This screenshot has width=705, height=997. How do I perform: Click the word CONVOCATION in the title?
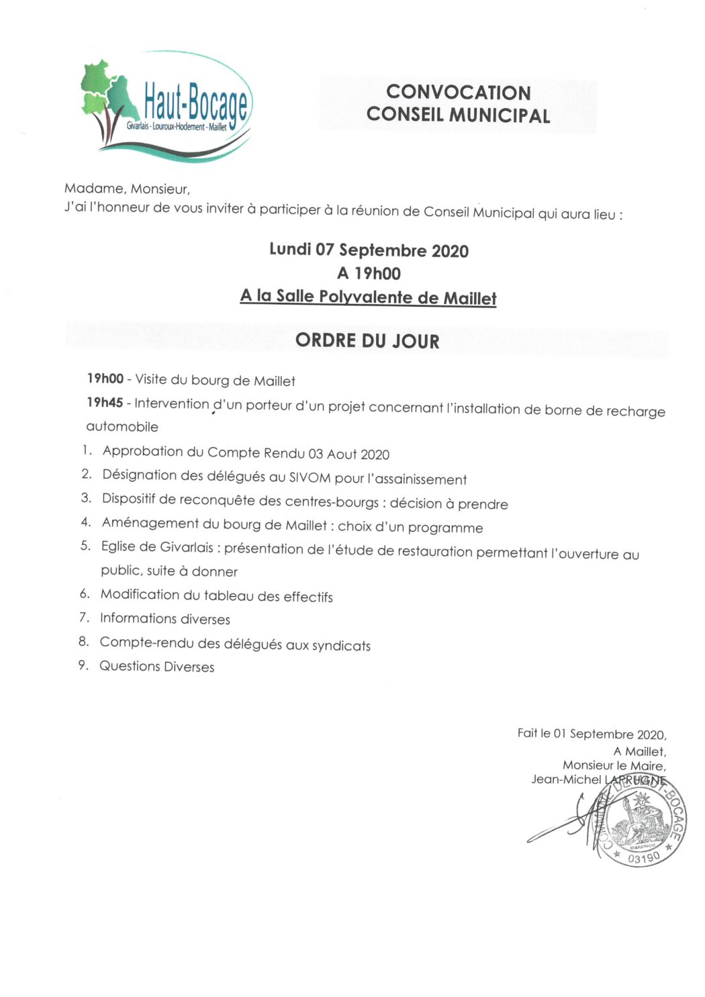click(x=458, y=92)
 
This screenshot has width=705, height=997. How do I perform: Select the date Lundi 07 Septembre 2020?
click(x=369, y=250)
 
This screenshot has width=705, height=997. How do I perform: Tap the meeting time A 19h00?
click(x=369, y=273)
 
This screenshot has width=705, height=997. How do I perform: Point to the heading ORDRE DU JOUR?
click(x=367, y=340)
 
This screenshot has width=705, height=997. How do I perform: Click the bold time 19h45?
click(x=105, y=402)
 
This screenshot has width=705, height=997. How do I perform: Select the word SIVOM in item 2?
click(x=310, y=478)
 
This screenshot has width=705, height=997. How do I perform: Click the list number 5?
click(x=85, y=546)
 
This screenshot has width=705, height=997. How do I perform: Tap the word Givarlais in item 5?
click(x=183, y=547)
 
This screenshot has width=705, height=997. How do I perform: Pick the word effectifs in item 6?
click(x=308, y=596)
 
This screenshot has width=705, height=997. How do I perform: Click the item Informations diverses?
click(x=164, y=618)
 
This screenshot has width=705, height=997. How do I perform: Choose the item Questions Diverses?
click(x=156, y=667)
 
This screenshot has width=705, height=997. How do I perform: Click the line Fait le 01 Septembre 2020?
click(x=592, y=734)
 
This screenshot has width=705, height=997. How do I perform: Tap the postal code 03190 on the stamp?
click(x=644, y=857)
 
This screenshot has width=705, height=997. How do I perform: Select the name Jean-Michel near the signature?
click(x=566, y=779)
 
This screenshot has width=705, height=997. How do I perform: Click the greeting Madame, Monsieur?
click(x=127, y=189)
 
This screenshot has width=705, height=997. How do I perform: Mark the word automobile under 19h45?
click(x=122, y=426)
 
